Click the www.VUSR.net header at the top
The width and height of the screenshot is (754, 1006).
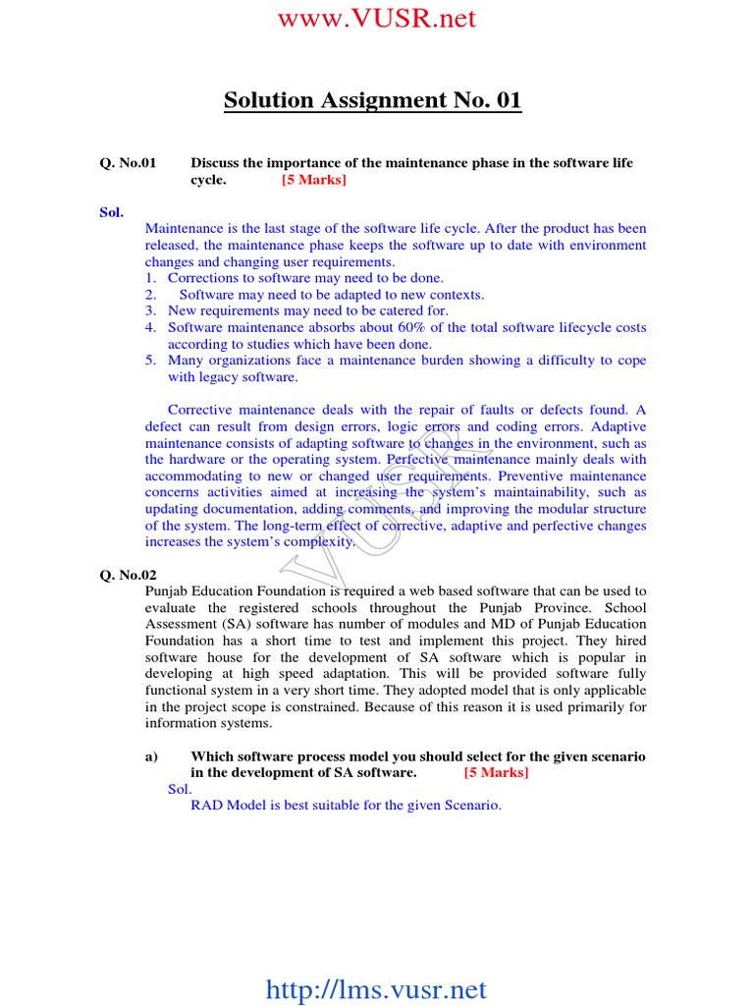click(376, 18)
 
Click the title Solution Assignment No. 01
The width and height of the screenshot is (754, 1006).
click(373, 100)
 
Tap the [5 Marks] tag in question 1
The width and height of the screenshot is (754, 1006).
click(314, 180)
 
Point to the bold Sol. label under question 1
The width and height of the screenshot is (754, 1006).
click(111, 212)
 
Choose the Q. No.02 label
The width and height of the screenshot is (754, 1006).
click(128, 575)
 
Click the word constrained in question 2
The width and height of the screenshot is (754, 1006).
click(366, 707)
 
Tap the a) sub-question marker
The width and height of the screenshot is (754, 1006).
click(151, 756)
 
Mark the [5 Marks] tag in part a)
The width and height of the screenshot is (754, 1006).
click(496, 773)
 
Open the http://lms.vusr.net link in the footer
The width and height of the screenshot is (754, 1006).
click(376, 989)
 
